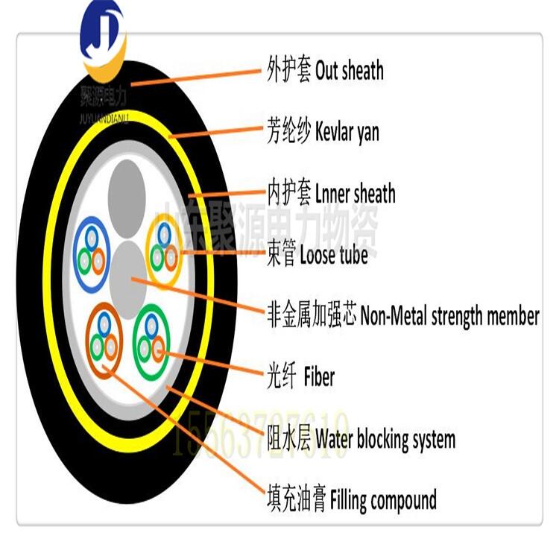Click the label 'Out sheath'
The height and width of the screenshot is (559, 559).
tap(350, 71)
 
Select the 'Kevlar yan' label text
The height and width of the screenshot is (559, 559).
tap(347, 132)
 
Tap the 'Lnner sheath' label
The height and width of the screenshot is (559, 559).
tap(356, 194)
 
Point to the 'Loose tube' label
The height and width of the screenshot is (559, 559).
tap(333, 256)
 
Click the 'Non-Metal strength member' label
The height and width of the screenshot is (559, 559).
tap(449, 316)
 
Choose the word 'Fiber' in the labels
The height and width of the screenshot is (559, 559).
tap(319, 377)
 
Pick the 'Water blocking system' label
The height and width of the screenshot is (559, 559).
tap(385, 438)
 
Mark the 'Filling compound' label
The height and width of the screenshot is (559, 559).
tap(383, 499)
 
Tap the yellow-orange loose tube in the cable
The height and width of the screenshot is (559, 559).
tap(165, 247)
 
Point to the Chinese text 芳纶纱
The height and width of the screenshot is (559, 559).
tap(287, 132)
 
